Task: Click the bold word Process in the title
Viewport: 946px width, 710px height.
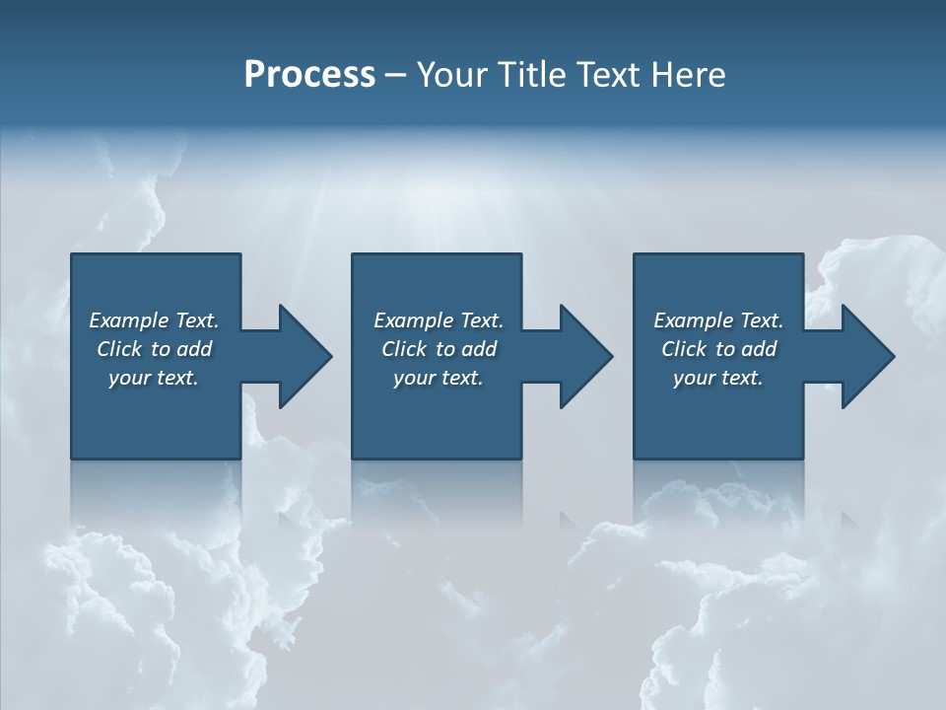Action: point(309,75)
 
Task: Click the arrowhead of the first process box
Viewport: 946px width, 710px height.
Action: point(304,356)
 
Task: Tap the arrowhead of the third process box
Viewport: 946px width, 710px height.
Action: point(867,356)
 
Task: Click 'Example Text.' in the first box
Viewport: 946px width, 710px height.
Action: point(154,320)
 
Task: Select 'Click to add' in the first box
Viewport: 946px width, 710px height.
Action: point(154,349)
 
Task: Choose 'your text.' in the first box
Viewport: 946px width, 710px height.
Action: point(154,378)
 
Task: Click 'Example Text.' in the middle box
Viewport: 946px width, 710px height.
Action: point(439,320)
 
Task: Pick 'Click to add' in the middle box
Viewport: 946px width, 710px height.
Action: point(439,349)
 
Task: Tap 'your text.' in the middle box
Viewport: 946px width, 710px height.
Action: point(439,378)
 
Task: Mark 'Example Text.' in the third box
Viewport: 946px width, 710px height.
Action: point(718,320)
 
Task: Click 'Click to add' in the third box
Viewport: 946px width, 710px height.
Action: point(718,349)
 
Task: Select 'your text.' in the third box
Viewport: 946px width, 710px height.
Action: point(718,378)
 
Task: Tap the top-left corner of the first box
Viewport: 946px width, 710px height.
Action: point(72,254)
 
